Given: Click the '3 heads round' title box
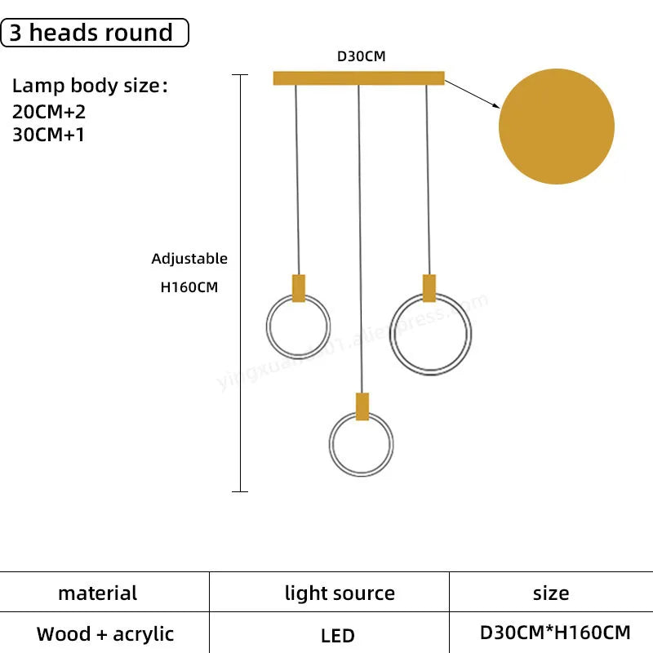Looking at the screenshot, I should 96,33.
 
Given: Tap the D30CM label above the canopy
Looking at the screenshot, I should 361,57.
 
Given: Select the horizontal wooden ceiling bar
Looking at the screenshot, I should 358,78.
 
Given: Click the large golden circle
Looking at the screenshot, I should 556,126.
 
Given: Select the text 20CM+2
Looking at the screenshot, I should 49,113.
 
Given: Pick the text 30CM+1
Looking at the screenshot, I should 49,135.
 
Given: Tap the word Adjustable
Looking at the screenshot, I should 189,259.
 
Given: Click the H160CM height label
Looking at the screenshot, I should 189,287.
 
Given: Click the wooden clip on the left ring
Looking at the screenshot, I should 299,288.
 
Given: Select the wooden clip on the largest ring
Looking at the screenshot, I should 429,288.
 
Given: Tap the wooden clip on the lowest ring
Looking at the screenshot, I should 362,406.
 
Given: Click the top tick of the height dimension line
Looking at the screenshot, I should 239,75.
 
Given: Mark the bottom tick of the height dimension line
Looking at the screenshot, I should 239,491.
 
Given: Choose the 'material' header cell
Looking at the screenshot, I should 98,593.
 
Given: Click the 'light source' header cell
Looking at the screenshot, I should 340,593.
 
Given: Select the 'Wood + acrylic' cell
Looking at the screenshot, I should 105,633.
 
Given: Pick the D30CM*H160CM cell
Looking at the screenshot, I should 554,633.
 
